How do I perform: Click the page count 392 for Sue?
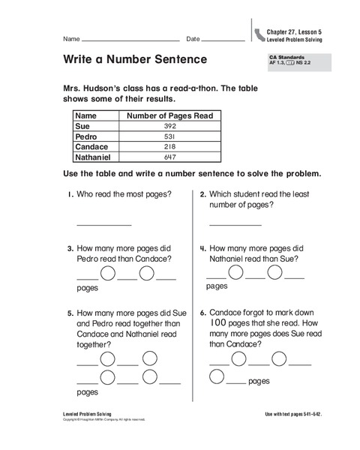[169, 127]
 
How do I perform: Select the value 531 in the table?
[169, 137]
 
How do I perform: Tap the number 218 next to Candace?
[169, 148]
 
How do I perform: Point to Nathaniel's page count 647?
[169, 158]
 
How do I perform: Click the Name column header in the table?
[87, 116]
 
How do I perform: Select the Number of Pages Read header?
[169, 116]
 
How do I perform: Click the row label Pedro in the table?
[88, 137]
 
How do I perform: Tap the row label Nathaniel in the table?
[95, 158]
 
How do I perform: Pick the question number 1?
[69, 194]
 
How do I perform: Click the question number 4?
[202, 248]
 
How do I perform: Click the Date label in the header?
[193, 38]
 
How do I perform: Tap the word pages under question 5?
[88, 391]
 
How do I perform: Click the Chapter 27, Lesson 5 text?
[295, 29]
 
